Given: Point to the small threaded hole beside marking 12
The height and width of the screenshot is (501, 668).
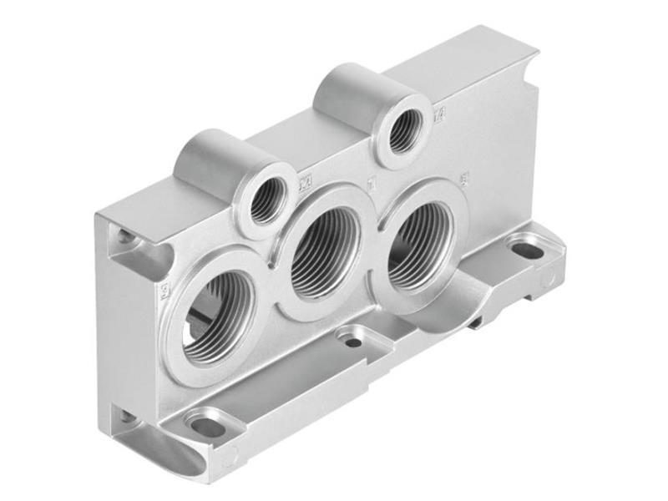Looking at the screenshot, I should [267, 199].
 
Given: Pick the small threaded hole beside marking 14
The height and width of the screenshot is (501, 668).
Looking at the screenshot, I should [404, 129].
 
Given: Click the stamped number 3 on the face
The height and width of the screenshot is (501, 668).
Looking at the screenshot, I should [164, 290].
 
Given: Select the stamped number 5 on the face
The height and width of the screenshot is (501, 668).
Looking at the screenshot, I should [464, 177].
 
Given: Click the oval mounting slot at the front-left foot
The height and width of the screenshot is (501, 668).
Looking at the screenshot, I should [208, 426].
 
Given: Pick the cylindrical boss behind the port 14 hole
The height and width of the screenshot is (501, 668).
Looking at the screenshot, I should [347, 90].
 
